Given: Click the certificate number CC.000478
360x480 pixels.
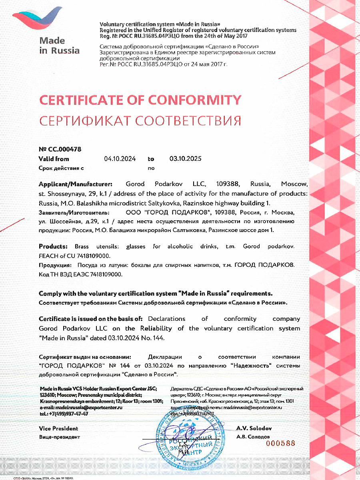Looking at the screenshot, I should click(64, 149).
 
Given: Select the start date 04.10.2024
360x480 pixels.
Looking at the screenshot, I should click(120, 159).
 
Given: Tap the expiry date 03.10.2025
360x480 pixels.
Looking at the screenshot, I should click(185, 159).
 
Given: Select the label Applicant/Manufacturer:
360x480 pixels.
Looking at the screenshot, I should click(76, 184).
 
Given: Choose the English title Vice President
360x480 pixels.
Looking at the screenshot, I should click(58, 428).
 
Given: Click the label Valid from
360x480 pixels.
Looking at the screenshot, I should click(54, 159).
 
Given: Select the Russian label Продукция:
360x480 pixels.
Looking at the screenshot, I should click(55, 265).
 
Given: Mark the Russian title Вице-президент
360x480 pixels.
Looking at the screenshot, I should click(59, 437).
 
